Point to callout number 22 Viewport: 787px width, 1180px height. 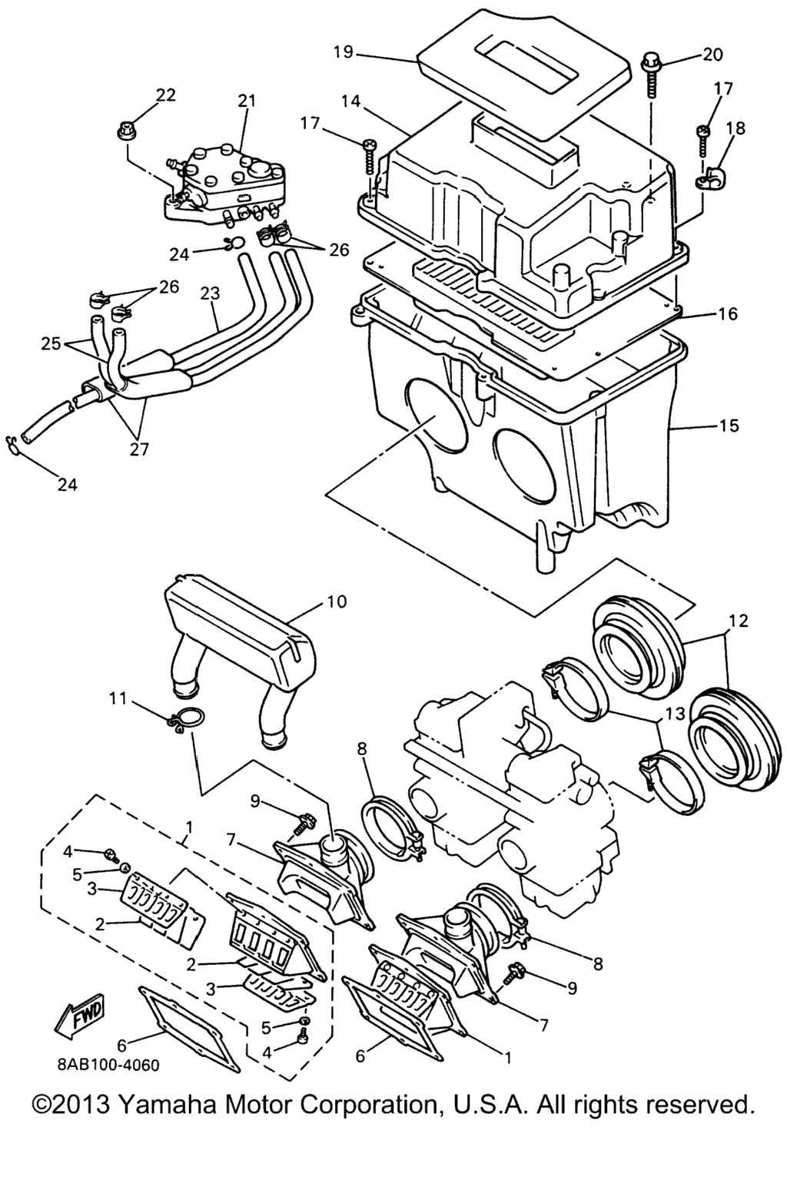[164, 95]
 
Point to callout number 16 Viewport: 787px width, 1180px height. [727, 314]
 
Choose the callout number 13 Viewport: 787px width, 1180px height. [676, 714]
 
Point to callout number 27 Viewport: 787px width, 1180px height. [139, 449]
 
